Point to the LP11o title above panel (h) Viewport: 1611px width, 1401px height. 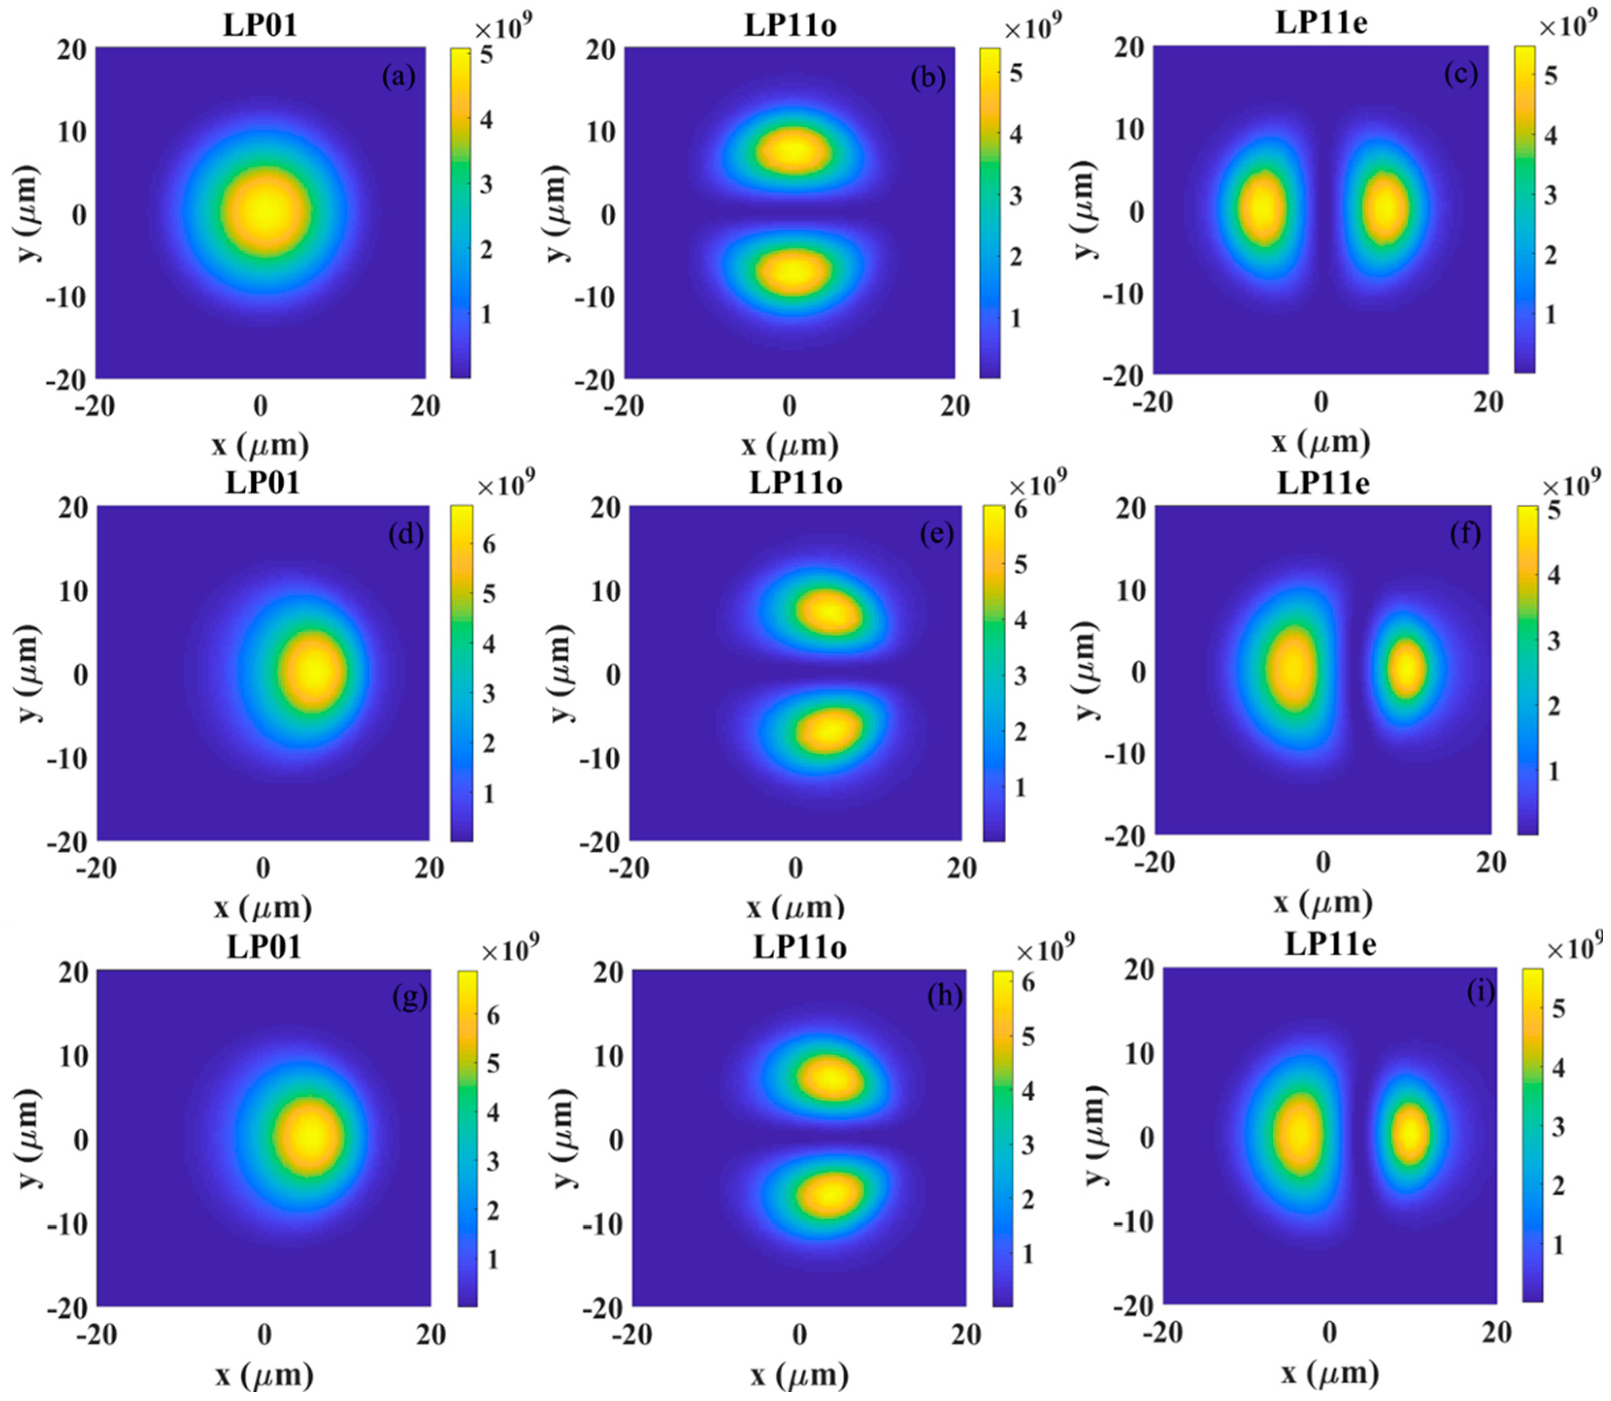(799, 947)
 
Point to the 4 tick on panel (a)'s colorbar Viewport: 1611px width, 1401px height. (486, 120)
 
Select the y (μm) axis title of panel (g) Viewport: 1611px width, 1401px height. (30, 1138)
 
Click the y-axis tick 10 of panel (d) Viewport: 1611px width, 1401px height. (71, 590)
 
